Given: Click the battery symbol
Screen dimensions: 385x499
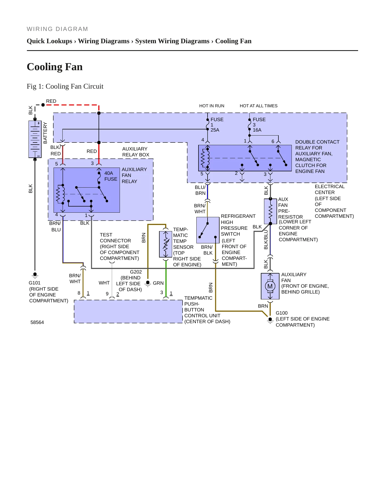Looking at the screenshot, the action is (x=35, y=139).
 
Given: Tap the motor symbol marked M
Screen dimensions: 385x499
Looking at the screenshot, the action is (x=270, y=286).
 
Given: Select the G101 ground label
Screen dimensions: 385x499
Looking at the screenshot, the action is (x=35, y=283).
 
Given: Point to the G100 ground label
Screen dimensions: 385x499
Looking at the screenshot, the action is (x=282, y=313).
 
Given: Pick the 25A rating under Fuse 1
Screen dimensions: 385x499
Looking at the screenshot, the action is (x=215, y=130).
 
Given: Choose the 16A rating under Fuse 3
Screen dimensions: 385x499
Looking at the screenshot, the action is (x=257, y=130).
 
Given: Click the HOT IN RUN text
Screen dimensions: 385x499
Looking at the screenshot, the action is (x=212, y=106).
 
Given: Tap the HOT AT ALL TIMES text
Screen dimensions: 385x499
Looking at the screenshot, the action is (x=258, y=106).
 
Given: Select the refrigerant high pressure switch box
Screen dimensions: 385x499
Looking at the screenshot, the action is (x=208, y=230).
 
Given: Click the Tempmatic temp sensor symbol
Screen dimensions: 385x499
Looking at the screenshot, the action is (x=166, y=244).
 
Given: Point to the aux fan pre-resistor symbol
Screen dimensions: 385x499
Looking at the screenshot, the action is (x=270, y=211).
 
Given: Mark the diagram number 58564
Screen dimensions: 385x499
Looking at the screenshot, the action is (x=37, y=322).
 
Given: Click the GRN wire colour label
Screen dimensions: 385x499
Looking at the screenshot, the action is (x=158, y=283).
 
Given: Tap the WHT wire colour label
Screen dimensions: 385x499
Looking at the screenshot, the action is (x=104, y=283).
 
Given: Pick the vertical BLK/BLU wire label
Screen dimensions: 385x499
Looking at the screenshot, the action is (x=266, y=240).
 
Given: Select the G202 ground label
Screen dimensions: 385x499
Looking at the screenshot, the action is (x=136, y=272).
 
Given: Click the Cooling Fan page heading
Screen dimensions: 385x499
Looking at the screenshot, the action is (x=55, y=67).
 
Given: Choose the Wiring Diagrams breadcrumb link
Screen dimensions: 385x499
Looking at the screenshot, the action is (x=104, y=41).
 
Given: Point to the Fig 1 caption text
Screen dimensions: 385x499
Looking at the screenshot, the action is (x=65, y=86).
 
